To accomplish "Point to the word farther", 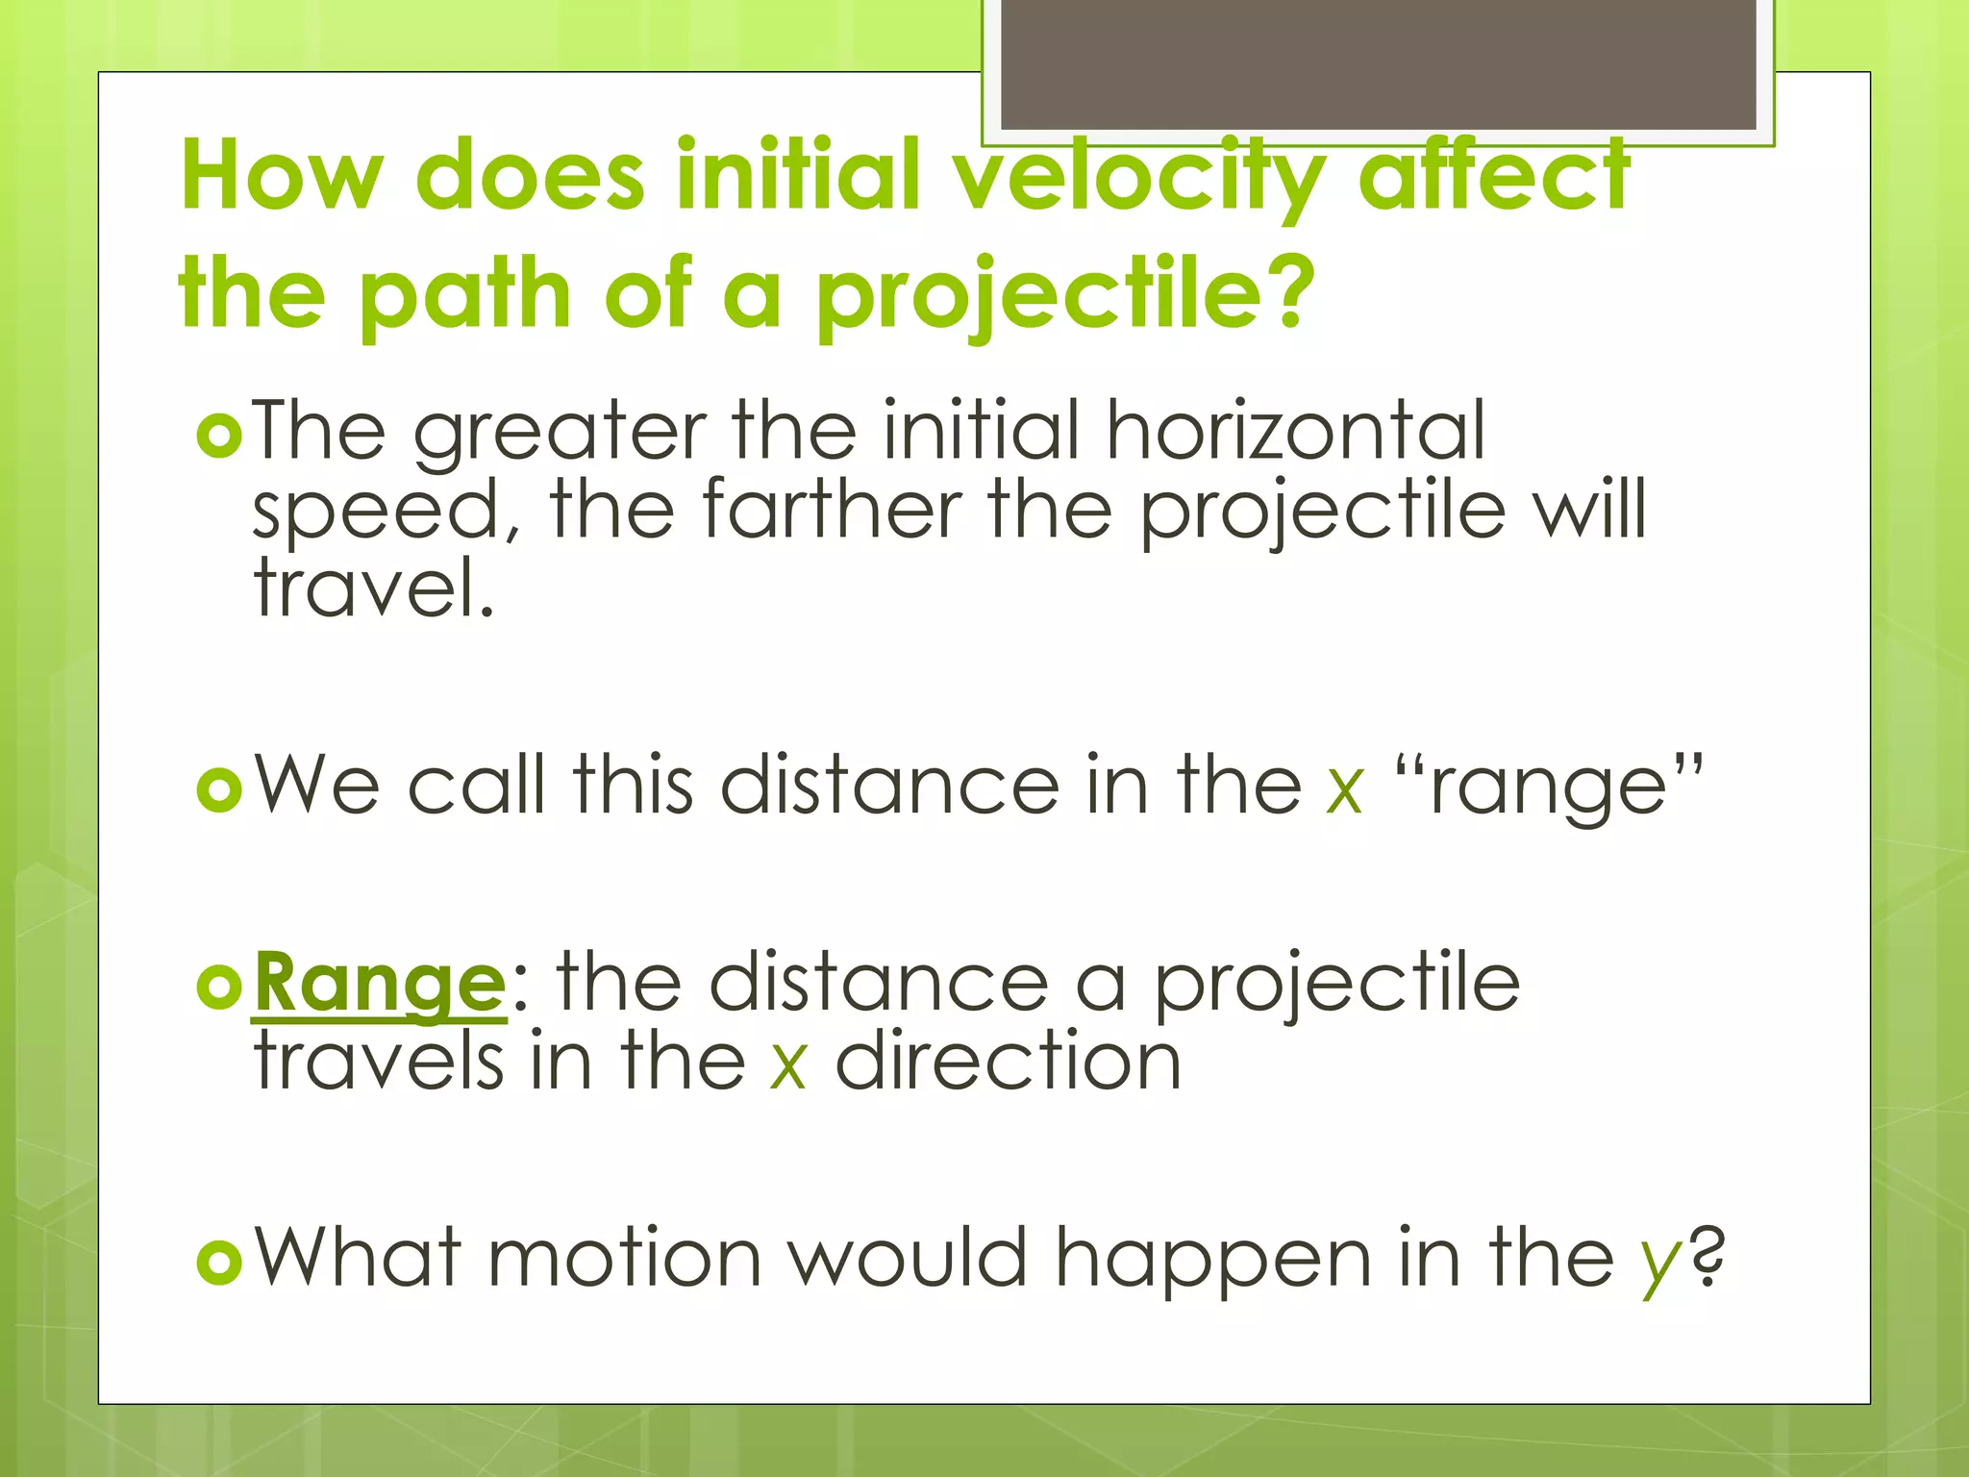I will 832,510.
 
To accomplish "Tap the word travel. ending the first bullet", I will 373,588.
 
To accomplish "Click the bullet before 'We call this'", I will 219,790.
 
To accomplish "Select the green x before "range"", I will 1344,789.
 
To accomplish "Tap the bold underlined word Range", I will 379,984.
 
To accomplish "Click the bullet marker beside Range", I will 219,988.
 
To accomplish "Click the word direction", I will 1008,1062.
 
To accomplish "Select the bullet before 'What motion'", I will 219,1262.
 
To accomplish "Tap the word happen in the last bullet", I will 1212,1260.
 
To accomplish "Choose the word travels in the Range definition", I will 379,1062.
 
